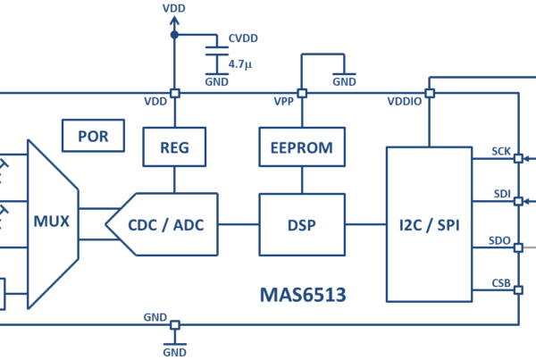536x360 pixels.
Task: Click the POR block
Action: click(93, 136)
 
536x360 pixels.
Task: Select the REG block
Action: click(174, 147)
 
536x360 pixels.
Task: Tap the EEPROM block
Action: click(302, 147)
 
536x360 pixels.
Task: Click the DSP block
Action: click(302, 224)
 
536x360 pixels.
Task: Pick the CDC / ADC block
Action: click(166, 224)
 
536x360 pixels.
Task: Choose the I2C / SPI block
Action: click(430, 224)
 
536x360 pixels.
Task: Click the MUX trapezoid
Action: click(53, 224)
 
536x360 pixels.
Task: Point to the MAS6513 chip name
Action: click(303, 295)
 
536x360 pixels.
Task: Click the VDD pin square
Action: click(175, 93)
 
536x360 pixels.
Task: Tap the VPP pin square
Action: click(302, 93)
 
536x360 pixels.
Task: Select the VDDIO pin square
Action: click(430, 93)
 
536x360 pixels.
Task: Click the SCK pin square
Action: click(518, 158)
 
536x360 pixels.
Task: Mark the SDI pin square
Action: click(518, 201)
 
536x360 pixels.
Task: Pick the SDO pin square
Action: click(518, 247)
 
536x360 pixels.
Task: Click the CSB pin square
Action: click(518, 290)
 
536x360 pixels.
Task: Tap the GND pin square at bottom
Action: click(175, 325)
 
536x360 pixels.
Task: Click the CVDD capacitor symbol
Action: click(217, 51)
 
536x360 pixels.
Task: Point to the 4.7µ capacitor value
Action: click(240, 64)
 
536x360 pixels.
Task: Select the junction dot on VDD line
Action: click(174, 35)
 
